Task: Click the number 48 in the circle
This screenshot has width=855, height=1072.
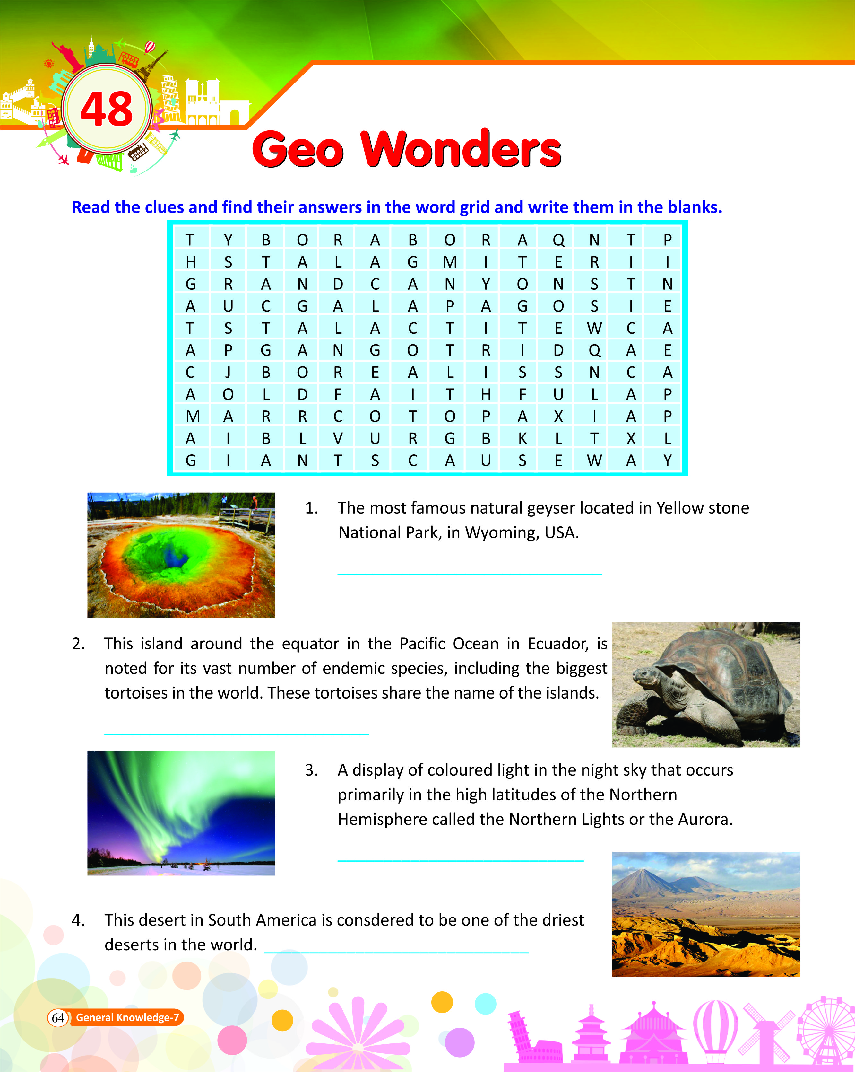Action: pyautogui.click(x=106, y=110)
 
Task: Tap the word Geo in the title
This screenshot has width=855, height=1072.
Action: pyautogui.click(x=298, y=149)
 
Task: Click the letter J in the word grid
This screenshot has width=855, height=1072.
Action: pyautogui.click(x=228, y=373)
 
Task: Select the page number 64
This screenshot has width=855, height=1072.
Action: pyautogui.click(x=58, y=1018)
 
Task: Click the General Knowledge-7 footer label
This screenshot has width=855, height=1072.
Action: pyautogui.click(x=127, y=1018)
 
